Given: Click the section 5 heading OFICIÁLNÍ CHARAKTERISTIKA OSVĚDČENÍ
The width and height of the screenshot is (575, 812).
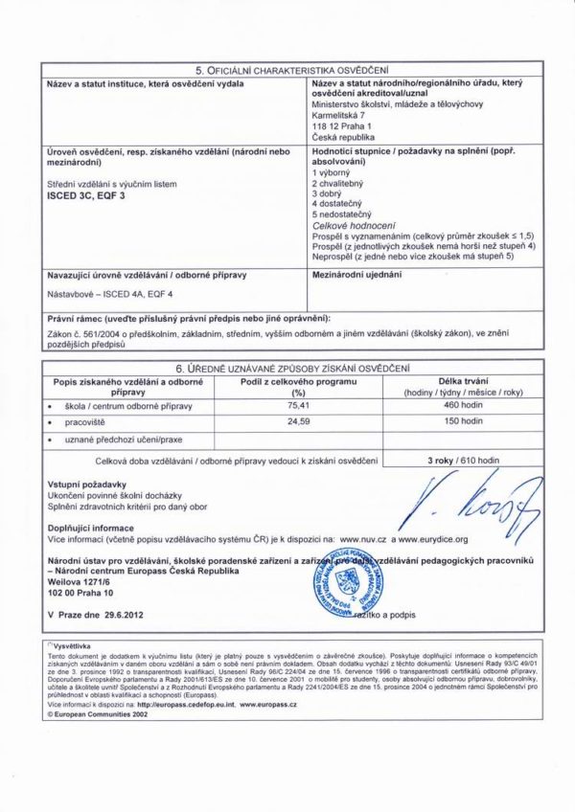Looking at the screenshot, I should coord(291,71).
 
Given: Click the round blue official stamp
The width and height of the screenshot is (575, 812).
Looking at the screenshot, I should coord(338,578).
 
